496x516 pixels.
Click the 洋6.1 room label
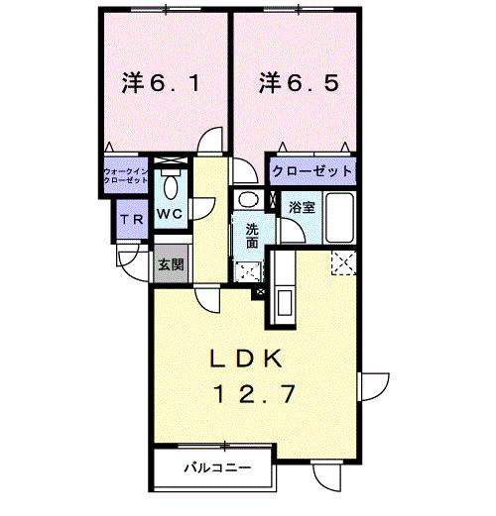click(x=161, y=82)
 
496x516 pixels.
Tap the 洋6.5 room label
click(x=299, y=82)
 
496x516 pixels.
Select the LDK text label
click(x=246, y=359)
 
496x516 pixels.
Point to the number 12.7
click(x=254, y=393)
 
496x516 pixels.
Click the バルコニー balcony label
click(x=218, y=467)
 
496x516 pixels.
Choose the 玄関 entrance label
click(x=171, y=264)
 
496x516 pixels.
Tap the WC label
click(x=170, y=214)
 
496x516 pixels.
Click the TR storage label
click(x=132, y=219)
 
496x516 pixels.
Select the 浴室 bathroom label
click(x=302, y=207)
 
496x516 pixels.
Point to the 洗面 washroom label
click(x=252, y=236)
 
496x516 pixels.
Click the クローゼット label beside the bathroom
click(x=312, y=171)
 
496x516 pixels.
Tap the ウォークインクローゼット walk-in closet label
click(x=125, y=176)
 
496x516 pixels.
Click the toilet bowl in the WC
click(x=171, y=187)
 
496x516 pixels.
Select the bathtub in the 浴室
click(x=339, y=218)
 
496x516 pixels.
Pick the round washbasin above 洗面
click(x=249, y=199)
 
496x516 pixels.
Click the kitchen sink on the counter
click(x=285, y=303)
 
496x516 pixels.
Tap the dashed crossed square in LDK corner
click(x=344, y=262)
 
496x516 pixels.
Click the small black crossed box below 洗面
click(x=261, y=292)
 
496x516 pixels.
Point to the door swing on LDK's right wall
click(x=375, y=386)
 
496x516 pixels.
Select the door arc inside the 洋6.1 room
click(x=209, y=140)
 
